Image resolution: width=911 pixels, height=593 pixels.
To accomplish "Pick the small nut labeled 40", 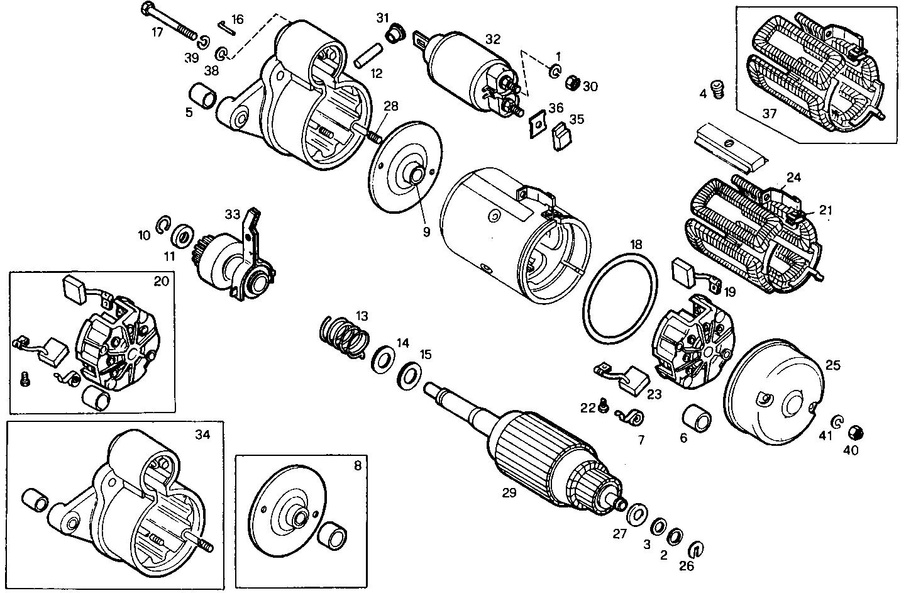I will tap(854, 433).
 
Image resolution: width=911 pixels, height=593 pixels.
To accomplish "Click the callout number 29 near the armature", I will tap(509, 492).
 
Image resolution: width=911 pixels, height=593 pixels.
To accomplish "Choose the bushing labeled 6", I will tap(696, 418).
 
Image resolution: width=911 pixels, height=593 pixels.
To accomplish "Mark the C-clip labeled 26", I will tap(696, 548).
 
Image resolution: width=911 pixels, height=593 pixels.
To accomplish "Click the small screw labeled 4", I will tap(717, 89).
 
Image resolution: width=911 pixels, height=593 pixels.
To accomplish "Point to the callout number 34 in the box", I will tap(202, 435).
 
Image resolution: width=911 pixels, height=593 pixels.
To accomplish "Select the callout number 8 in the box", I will tap(357, 466).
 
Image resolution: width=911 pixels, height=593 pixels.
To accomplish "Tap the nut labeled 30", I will tap(571, 83).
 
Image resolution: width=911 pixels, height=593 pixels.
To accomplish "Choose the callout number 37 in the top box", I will tap(769, 114).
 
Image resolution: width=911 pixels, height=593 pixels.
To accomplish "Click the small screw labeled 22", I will tap(603, 407).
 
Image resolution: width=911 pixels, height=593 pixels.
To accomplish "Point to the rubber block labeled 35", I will tap(560, 138).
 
